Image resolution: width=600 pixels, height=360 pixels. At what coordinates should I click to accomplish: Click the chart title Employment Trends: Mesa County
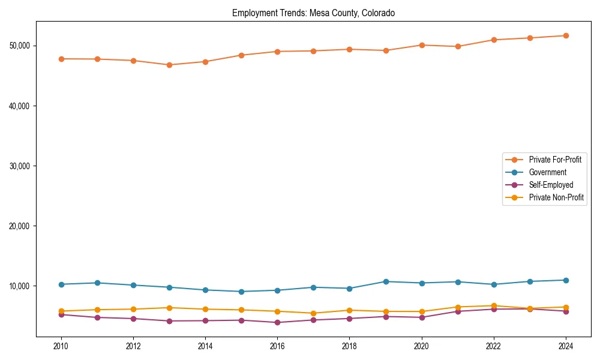[x=313, y=13]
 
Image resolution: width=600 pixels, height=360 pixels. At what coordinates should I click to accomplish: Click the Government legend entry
[x=547, y=172]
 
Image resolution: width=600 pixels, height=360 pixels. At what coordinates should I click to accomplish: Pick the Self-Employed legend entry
[x=551, y=185]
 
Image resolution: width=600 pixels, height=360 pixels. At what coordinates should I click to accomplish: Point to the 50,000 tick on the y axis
[x=23, y=46]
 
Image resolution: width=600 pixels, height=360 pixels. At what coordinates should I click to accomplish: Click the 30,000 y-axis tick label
[x=23, y=166]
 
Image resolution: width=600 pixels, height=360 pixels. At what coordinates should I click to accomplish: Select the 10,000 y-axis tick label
[x=23, y=286]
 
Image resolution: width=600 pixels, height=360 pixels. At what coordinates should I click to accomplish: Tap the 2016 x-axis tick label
[x=277, y=346]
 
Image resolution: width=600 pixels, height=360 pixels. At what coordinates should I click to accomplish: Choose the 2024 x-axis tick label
[x=566, y=346]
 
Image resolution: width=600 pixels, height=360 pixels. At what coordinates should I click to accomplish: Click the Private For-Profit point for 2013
[x=169, y=65]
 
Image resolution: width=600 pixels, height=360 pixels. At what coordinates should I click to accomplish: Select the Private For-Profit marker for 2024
[x=566, y=35]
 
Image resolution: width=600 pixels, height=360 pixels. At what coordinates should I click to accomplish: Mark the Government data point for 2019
[x=386, y=281]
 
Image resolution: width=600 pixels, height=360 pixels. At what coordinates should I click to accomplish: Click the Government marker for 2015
[x=241, y=292]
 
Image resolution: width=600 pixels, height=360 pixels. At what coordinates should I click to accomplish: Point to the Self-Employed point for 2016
[x=277, y=322]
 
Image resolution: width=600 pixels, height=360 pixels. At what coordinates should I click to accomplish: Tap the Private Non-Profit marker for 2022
[x=494, y=305]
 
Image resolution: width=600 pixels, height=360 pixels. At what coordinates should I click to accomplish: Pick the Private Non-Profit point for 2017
[x=313, y=313]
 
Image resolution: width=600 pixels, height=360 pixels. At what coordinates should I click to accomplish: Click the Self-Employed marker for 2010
[x=61, y=314]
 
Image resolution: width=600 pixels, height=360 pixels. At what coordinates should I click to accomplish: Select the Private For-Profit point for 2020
[x=422, y=45]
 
